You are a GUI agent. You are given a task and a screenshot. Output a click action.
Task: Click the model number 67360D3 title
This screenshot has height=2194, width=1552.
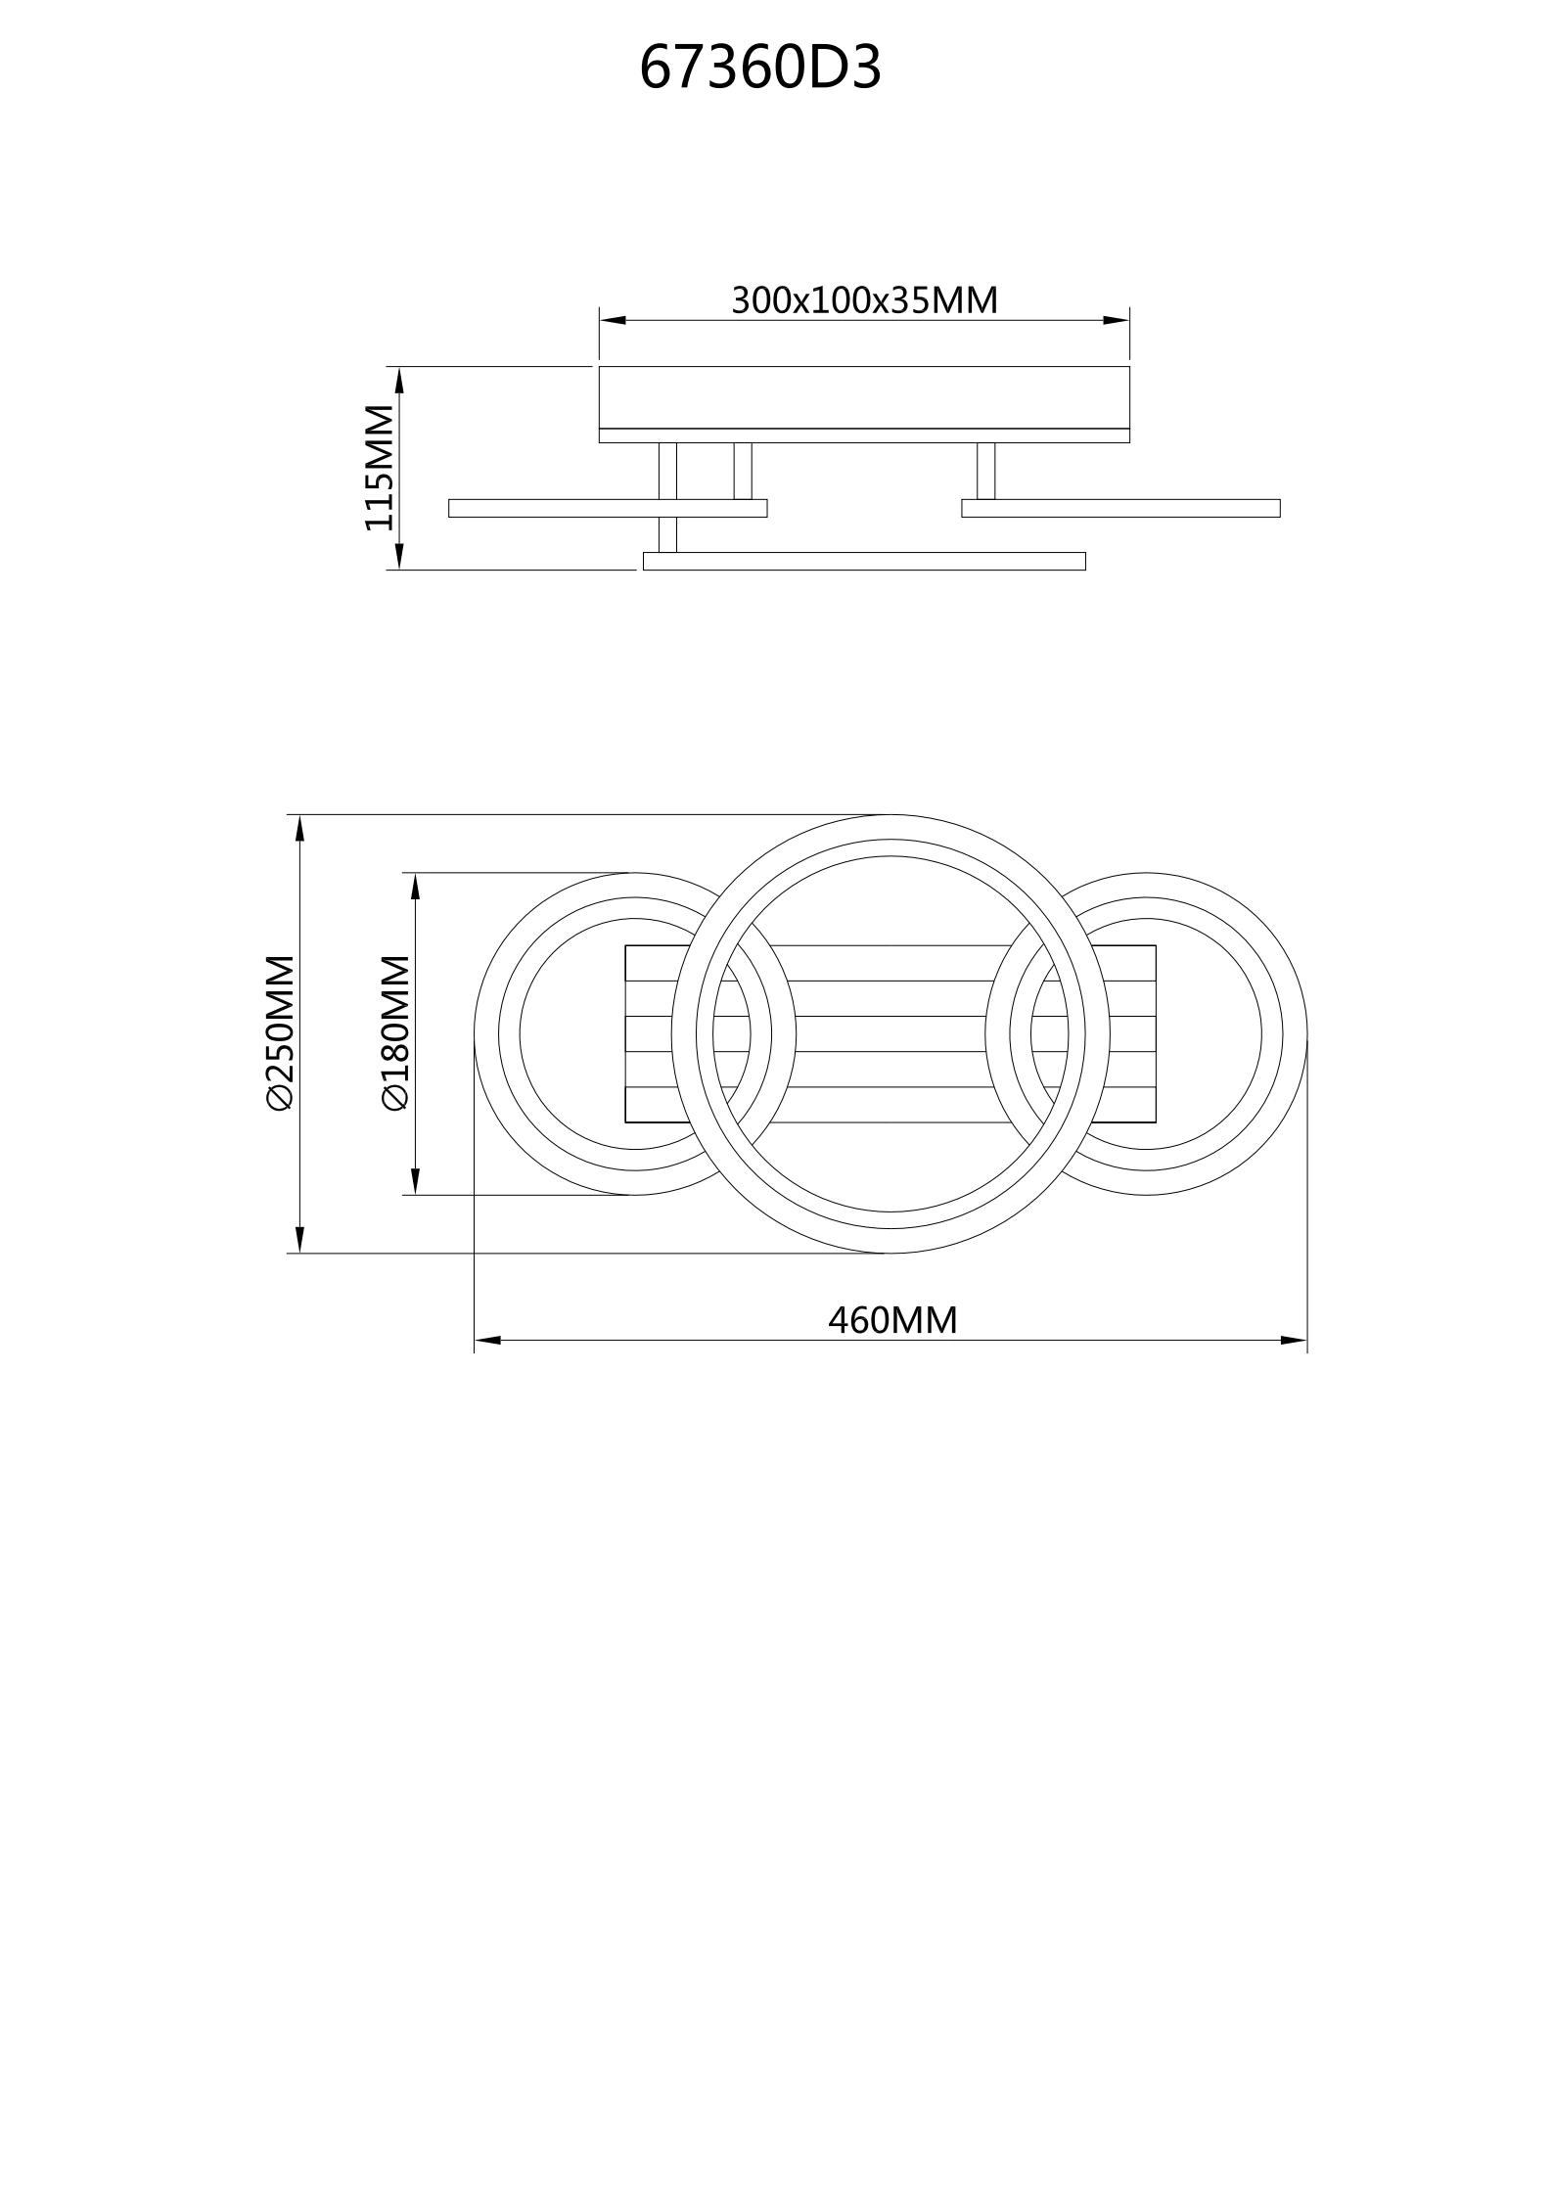pyautogui.click(x=760, y=69)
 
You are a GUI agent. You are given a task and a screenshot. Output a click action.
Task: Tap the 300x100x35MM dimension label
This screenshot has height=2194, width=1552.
pyautogui.click(x=865, y=299)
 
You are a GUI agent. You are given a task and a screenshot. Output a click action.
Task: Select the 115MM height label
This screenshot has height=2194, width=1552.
pyautogui.click(x=380, y=468)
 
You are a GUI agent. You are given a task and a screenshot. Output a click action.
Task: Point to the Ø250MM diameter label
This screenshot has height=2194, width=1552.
pyautogui.click(x=279, y=1033)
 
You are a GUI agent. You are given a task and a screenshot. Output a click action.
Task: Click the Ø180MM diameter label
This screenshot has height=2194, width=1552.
pyautogui.click(x=394, y=1033)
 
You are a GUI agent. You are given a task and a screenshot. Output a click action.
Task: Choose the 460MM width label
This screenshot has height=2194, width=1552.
pyautogui.click(x=892, y=1320)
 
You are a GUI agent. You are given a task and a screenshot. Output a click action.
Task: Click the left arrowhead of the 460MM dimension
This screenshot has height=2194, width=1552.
pyautogui.click(x=487, y=1340)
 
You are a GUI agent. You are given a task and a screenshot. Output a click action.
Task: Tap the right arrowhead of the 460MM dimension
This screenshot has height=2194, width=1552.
pyautogui.click(x=1294, y=1340)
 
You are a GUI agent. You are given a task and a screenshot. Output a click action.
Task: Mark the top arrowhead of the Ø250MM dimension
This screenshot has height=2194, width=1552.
pyautogui.click(x=299, y=828)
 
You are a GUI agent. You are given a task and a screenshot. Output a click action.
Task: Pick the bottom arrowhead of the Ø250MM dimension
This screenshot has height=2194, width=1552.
pyautogui.click(x=299, y=1240)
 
